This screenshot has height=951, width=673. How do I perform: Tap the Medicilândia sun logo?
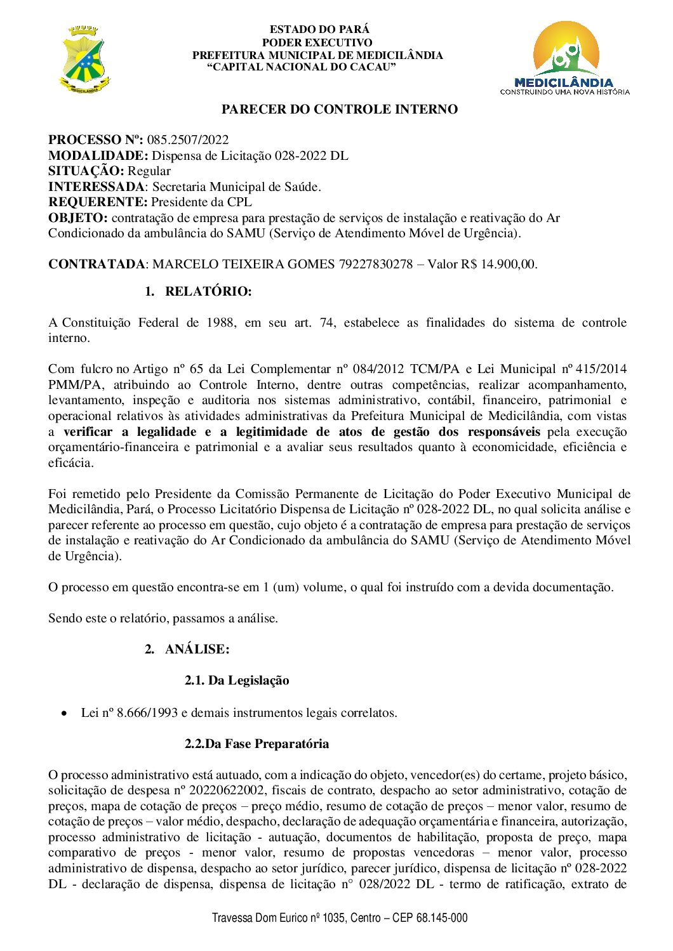click(x=565, y=57)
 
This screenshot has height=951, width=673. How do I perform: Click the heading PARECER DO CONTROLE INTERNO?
click(x=339, y=109)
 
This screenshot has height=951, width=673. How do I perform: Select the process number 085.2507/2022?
click(x=188, y=140)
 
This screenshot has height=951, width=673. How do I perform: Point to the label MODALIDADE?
click(x=98, y=155)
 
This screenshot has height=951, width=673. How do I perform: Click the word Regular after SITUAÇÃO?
click(x=149, y=171)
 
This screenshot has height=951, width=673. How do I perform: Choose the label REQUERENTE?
click(x=98, y=202)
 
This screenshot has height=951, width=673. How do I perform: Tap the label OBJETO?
click(x=78, y=218)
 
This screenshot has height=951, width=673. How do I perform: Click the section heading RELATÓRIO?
click(x=208, y=291)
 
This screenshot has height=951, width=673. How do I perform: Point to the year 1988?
click(x=220, y=322)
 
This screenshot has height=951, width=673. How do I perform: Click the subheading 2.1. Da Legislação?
click(x=237, y=680)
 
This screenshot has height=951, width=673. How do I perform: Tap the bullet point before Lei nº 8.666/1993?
click(x=63, y=713)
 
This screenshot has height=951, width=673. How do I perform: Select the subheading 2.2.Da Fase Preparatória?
click(x=257, y=744)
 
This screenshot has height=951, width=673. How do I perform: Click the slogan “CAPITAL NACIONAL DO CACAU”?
click(x=302, y=67)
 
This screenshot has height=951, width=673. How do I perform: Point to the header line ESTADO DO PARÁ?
click(x=319, y=29)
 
